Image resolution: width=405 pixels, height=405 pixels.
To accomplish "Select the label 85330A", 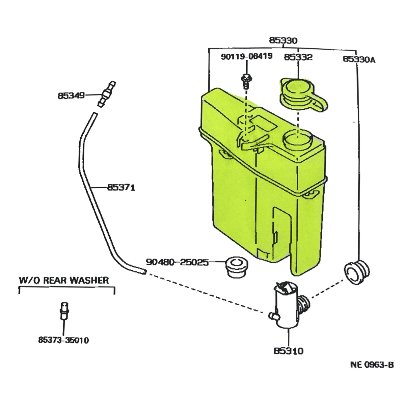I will point(359,59).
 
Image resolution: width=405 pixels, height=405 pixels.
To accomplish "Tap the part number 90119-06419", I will point(247,56).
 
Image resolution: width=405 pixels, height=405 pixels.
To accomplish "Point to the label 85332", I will point(298,57).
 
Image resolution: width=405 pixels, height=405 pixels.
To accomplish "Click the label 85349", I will point(71,96).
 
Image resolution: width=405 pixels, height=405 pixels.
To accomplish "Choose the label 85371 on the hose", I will point(121,187).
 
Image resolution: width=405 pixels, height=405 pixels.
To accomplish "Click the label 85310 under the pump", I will point(289,351).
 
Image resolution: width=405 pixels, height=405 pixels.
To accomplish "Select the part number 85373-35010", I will point(63,340).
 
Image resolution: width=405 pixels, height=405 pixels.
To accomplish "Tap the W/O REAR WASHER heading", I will point(64,280).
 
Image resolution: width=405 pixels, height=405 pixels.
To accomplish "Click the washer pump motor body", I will point(286,305).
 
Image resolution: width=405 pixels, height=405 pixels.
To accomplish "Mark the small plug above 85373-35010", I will point(63,311).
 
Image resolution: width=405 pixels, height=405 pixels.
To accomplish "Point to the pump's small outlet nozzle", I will point(272,316).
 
